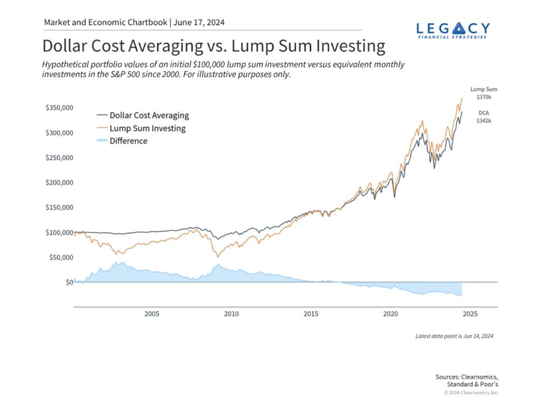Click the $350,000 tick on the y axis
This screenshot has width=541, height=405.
pos(58,108)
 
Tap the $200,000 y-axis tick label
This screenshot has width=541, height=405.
pos(58,182)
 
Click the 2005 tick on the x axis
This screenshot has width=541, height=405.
pos(152,314)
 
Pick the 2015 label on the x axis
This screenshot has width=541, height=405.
pos(311,314)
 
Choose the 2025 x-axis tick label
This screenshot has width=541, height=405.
pos(470,314)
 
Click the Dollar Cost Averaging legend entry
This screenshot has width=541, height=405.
pos(149,115)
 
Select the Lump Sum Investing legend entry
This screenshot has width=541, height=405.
pos(147,128)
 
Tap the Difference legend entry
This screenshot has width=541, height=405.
pos(128,141)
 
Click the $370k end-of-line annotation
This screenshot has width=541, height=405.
pos(483,98)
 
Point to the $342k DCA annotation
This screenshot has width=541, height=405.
pos(483,121)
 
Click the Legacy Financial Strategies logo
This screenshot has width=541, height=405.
pos(453,30)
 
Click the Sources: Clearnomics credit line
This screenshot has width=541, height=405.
pos(467,377)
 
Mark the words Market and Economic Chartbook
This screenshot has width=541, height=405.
pos(106,23)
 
